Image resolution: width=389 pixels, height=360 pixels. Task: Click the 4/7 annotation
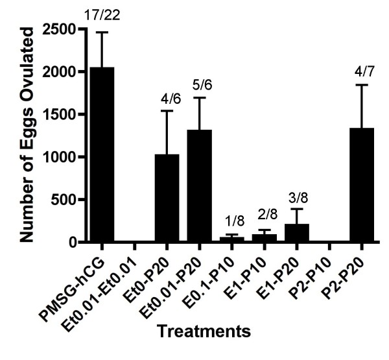(x=361, y=71)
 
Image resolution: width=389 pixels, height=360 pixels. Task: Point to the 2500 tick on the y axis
(x=58, y=29)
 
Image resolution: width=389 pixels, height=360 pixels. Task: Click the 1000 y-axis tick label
(x=58, y=157)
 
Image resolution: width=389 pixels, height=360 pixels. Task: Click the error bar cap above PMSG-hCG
(x=102, y=32)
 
